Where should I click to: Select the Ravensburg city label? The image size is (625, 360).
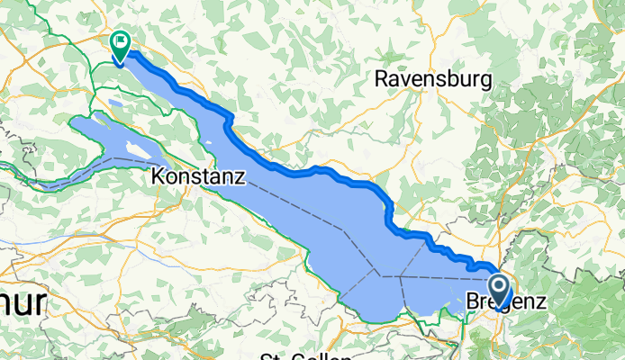tap(433, 79)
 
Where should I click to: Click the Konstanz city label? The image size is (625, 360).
tap(198, 176)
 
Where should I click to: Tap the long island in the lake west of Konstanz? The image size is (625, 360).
tap(136, 149)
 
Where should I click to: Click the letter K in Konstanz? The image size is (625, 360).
tap(159, 176)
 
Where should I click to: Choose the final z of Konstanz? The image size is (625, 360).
tap(240, 177)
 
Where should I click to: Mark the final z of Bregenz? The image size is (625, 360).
tap(540, 304)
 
